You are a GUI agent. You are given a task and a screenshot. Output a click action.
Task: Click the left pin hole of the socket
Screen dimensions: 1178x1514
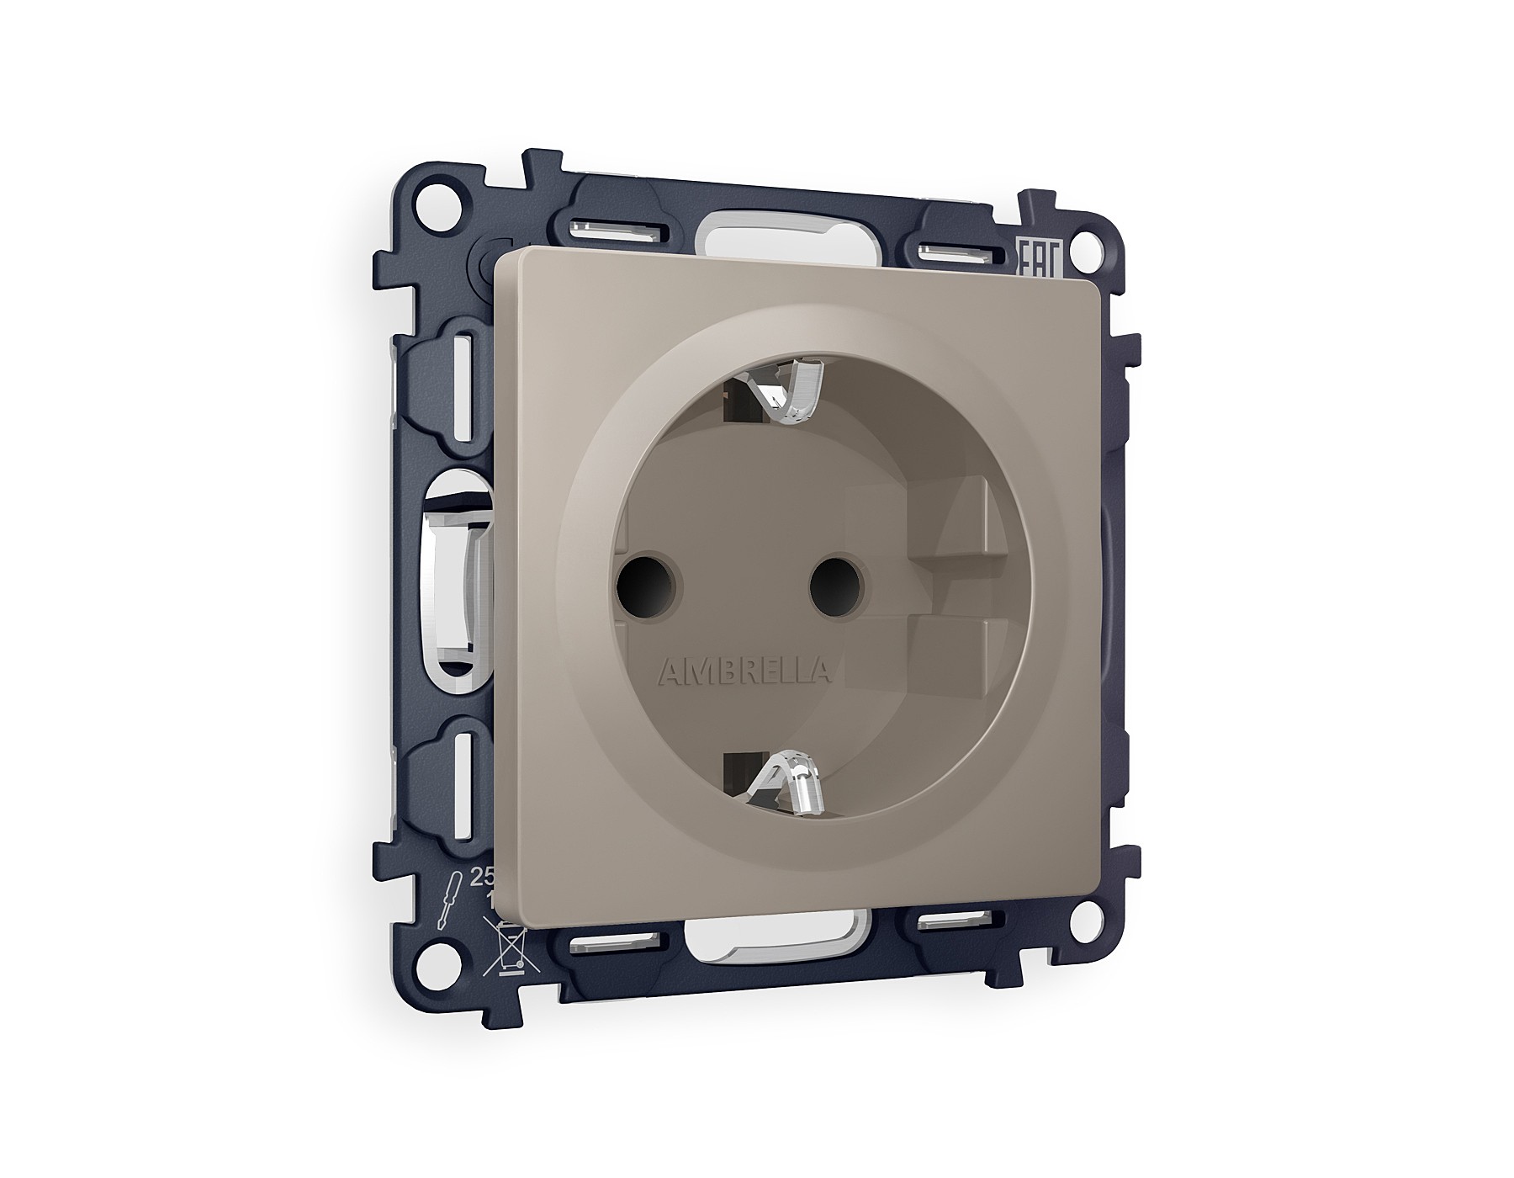pyautogui.click(x=638, y=582)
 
